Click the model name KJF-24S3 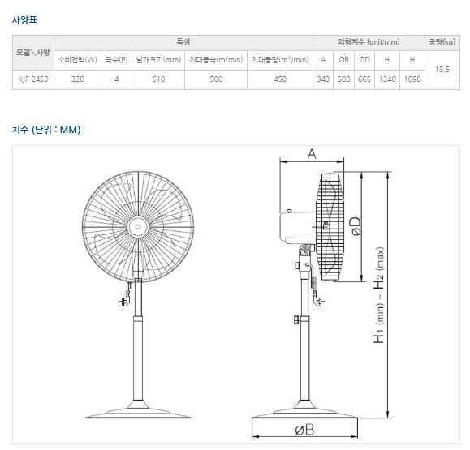click(x=33, y=79)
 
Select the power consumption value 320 click(x=77, y=79)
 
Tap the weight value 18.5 click(x=442, y=70)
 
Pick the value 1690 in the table click(x=412, y=79)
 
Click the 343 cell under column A click(x=323, y=79)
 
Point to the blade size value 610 click(x=158, y=79)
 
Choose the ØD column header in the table click(x=364, y=60)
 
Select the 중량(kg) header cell click(x=442, y=42)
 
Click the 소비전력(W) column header click(x=77, y=60)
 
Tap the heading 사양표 click(x=24, y=20)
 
